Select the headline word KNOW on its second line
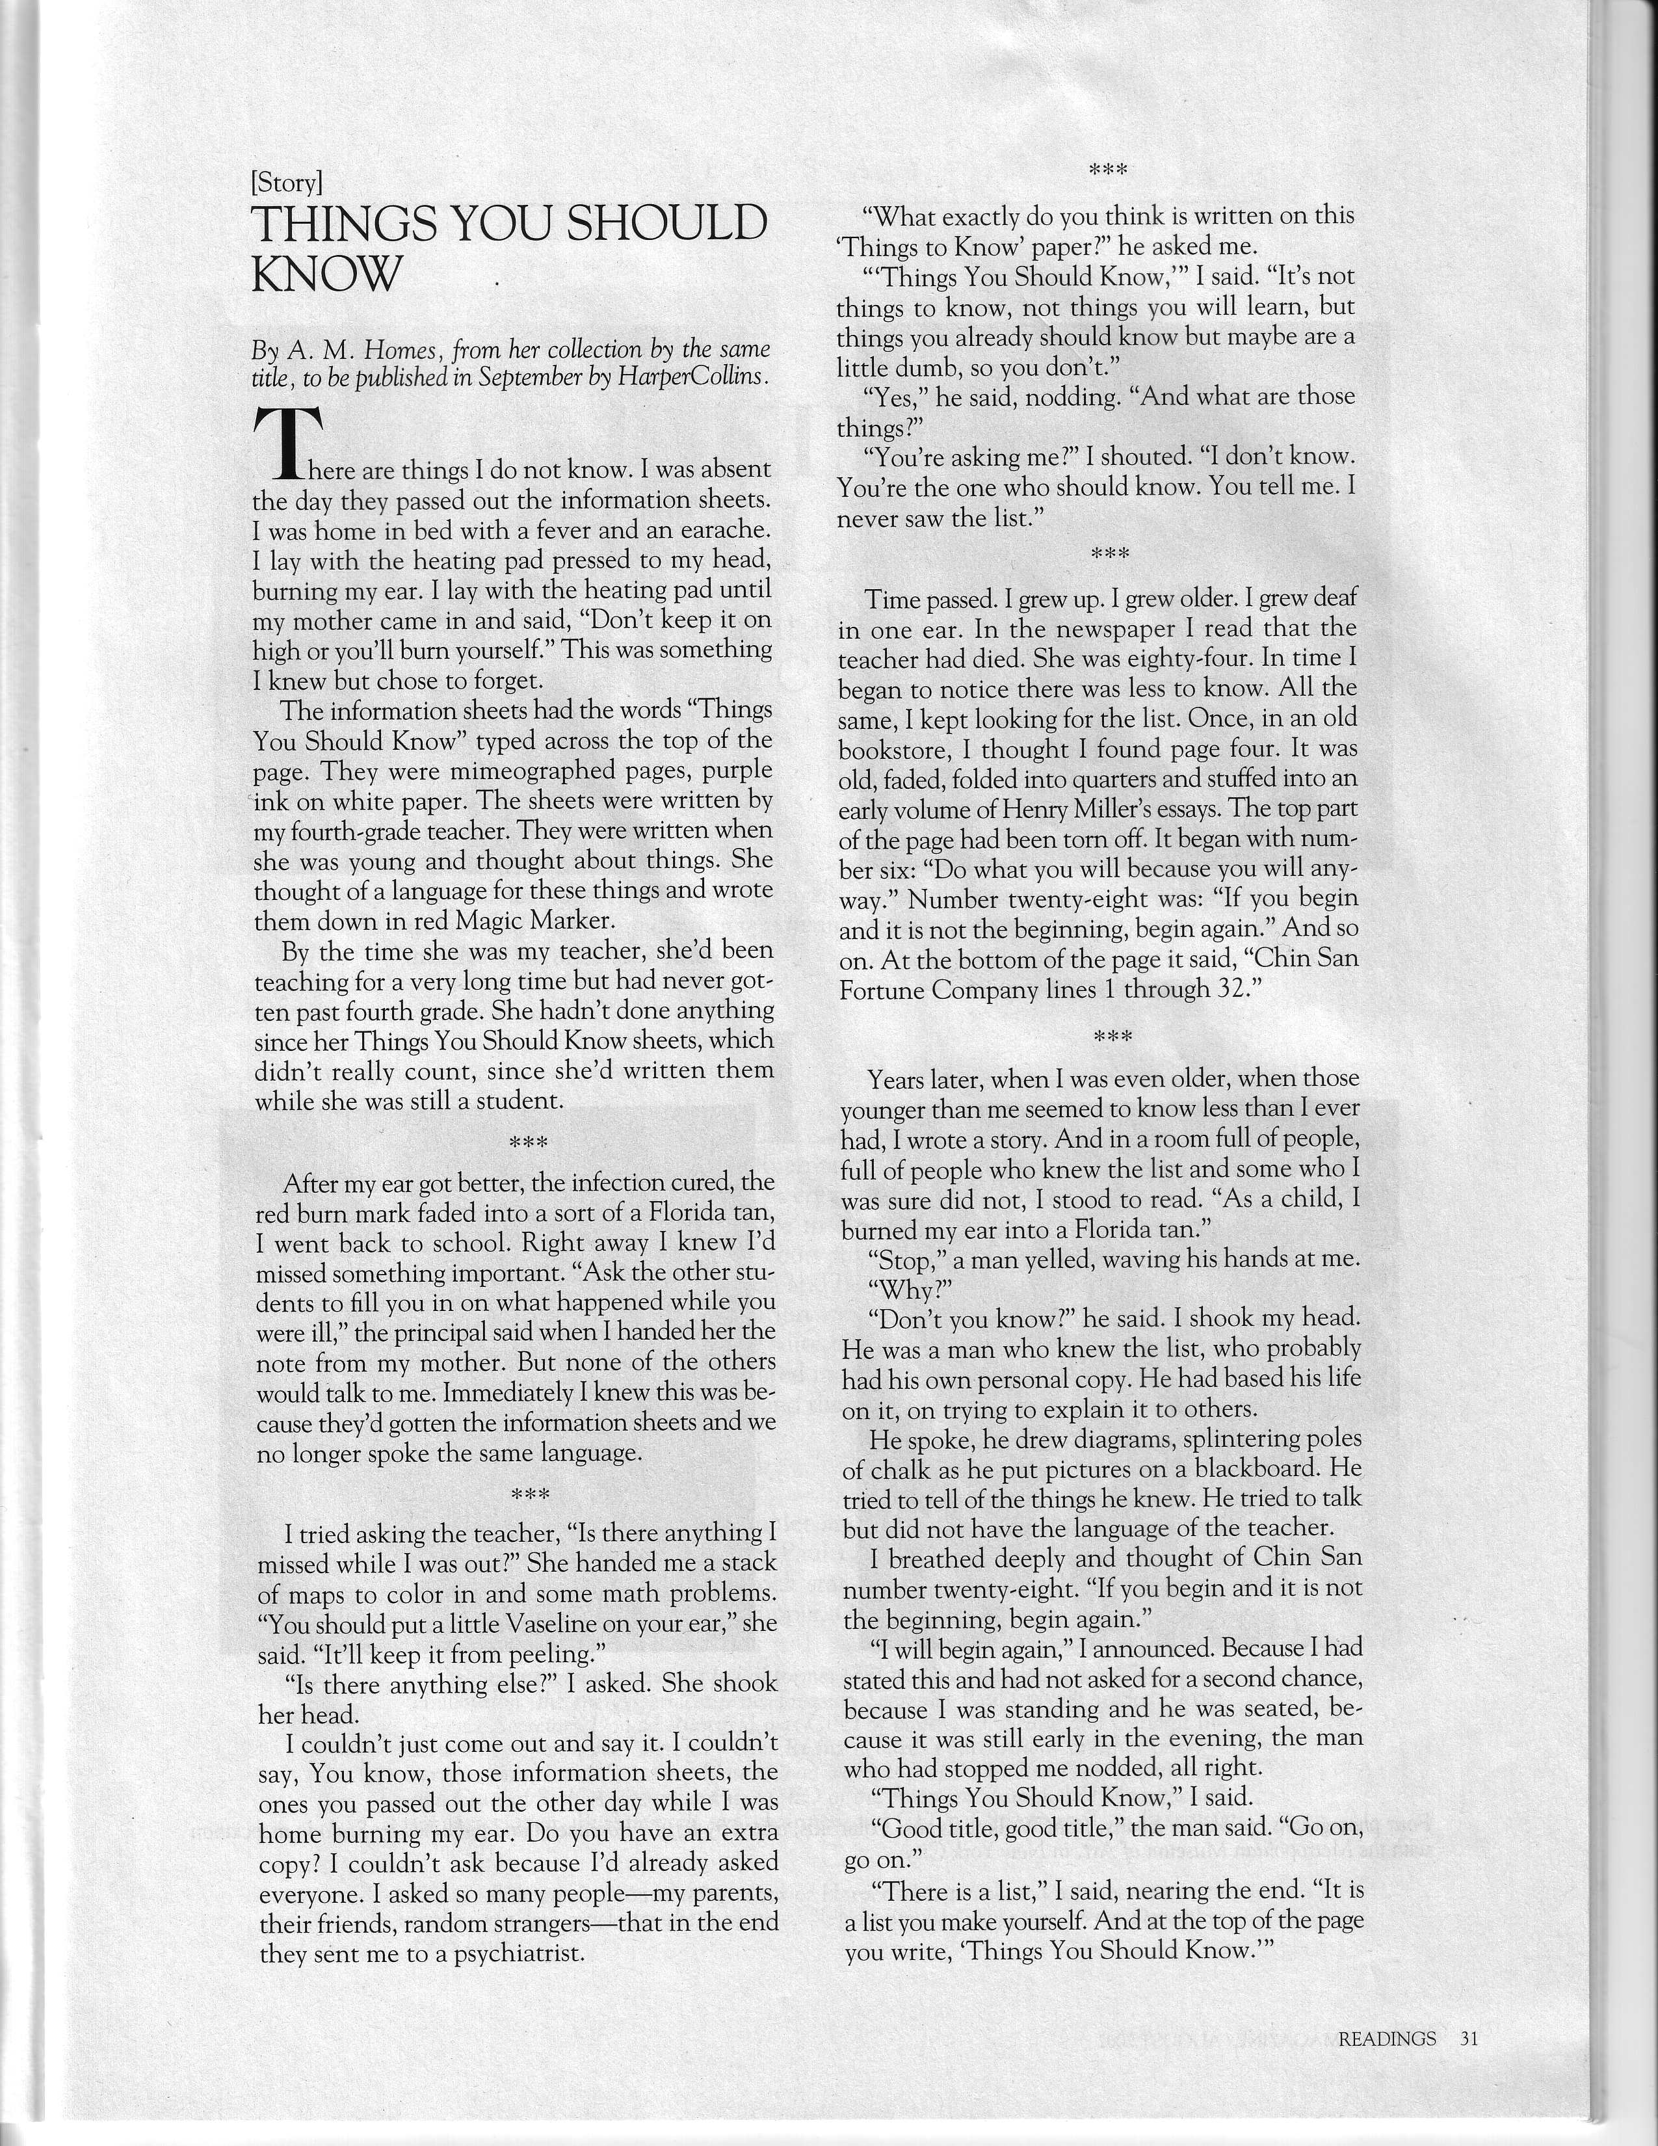[326, 274]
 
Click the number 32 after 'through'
[1233, 990]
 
